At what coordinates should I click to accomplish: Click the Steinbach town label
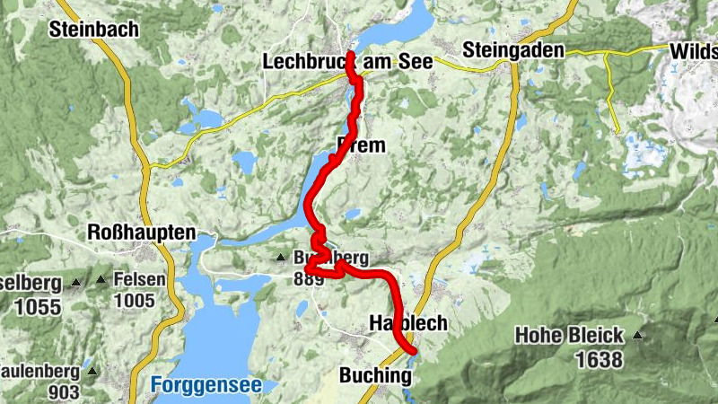coord(94,29)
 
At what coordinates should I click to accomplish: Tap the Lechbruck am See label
coord(347,62)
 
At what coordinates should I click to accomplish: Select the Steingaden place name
coord(513,50)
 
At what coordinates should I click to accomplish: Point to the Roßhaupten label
coord(142,233)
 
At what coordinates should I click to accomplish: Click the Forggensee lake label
coord(206,386)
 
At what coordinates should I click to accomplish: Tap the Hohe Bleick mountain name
coord(569,337)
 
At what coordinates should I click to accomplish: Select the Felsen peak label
coord(140,279)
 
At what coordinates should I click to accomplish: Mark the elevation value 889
coord(309,279)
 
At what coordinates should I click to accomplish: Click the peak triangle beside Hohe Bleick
coord(637,336)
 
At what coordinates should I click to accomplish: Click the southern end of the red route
coord(411,349)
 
